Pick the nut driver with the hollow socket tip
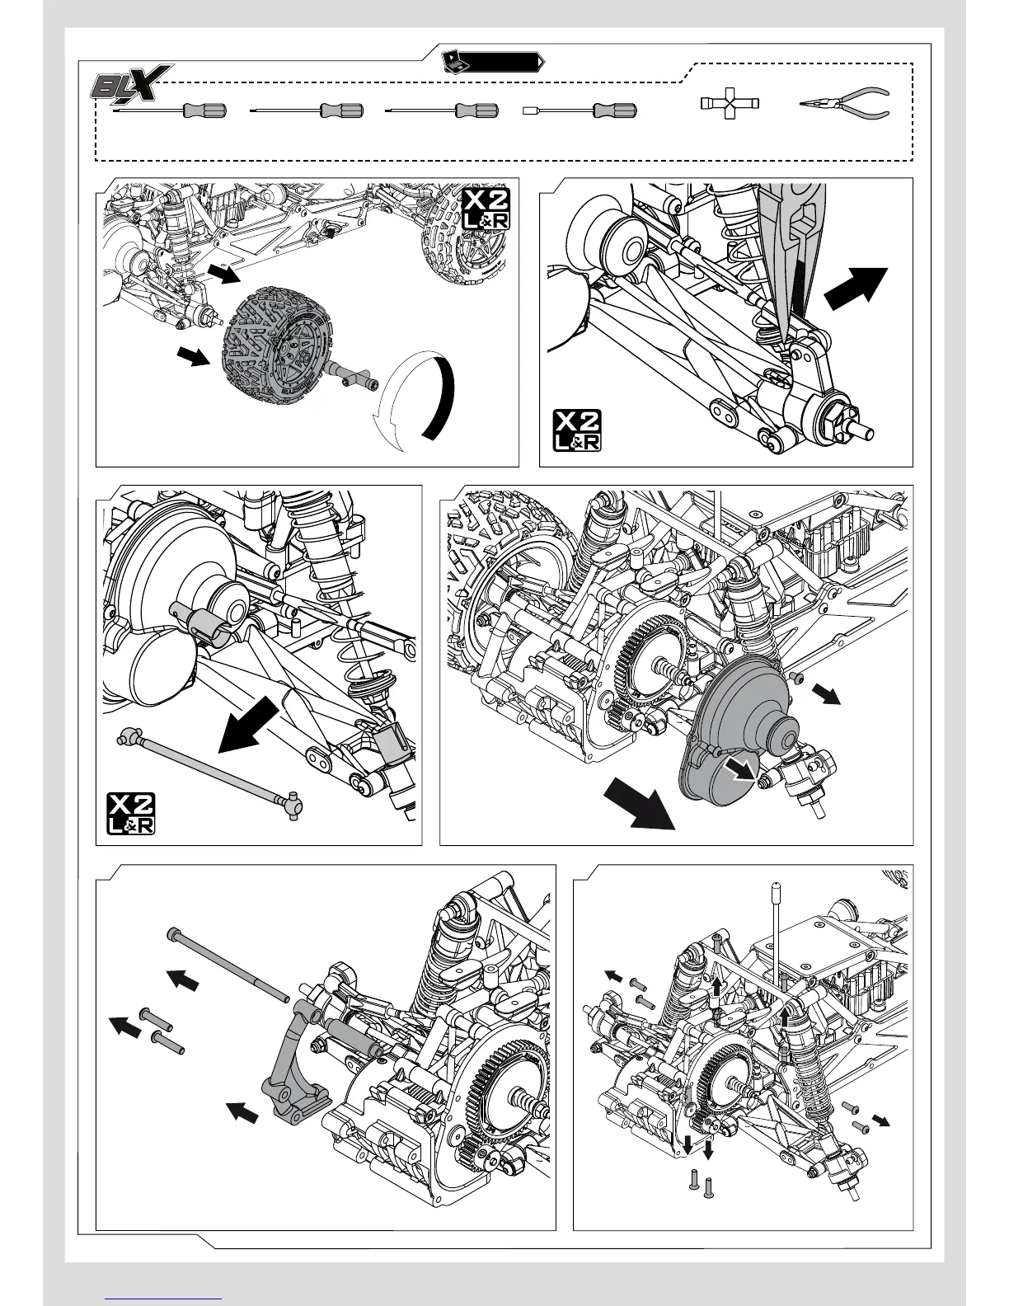[x=582, y=110]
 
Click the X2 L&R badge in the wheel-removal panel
[x=486, y=209]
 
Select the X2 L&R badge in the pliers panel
[x=576, y=430]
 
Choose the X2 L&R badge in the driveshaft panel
[x=131, y=813]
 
